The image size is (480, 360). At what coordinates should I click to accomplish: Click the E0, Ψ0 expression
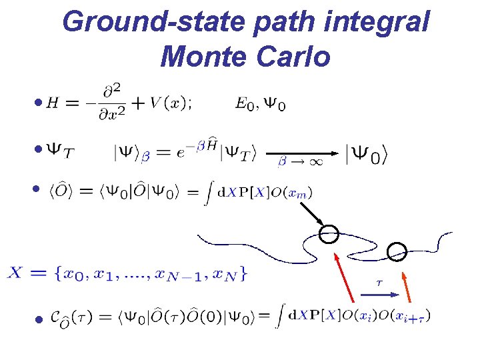tap(261, 105)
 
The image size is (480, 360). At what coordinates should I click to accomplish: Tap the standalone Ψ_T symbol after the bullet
tap(59, 152)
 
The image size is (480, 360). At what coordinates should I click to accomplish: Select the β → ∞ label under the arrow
tap(297, 162)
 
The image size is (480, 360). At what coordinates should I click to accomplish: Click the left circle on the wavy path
tap(329, 234)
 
